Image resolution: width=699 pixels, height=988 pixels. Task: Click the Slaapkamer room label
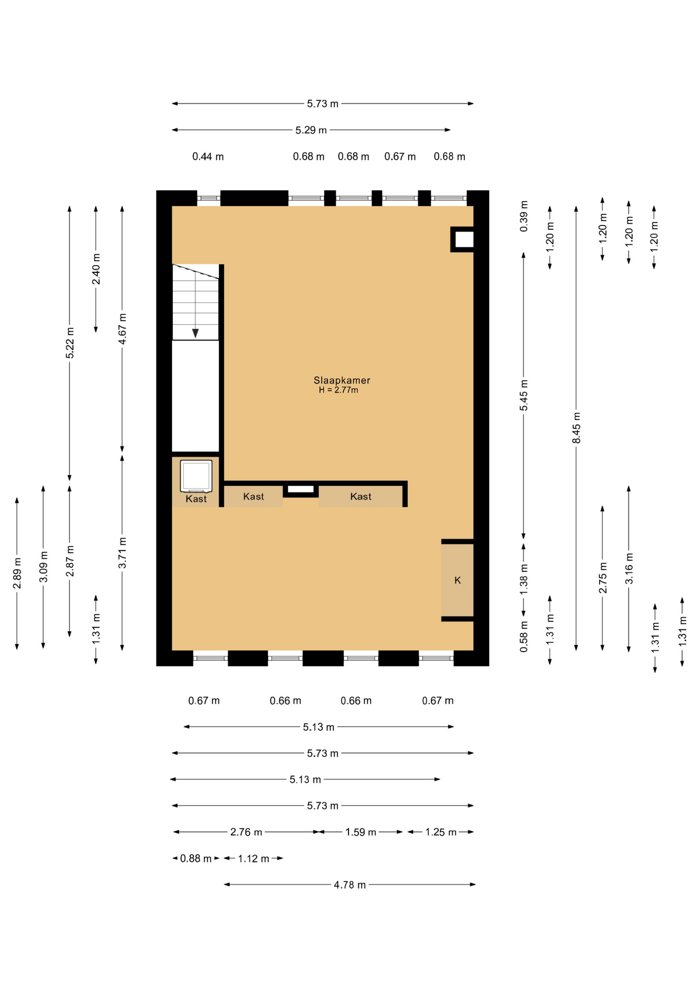(342, 380)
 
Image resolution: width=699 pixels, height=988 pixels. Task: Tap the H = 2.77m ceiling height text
(338, 390)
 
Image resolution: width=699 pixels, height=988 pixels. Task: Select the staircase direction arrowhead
(196, 333)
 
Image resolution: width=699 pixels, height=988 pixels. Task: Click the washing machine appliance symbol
(196, 476)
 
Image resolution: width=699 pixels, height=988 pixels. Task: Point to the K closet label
(458, 580)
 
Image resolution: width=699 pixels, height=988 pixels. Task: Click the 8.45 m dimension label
(576, 428)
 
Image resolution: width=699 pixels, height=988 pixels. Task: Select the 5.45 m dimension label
(524, 395)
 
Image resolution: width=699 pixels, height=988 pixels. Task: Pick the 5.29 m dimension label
(311, 130)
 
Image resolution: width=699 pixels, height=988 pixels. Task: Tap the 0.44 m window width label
(208, 156)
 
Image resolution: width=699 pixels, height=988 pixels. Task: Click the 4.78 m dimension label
(349, 885)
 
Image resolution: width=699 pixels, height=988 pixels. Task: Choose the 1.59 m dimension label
(360, 832)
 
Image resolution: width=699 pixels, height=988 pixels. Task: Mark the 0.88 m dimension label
(196, 859)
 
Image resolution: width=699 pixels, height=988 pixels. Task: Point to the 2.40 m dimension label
(96, 269)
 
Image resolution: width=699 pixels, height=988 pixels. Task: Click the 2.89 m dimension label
(18, 573)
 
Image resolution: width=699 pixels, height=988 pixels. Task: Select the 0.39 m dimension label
(524, 216)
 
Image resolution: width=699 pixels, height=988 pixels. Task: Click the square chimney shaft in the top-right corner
(463, 239)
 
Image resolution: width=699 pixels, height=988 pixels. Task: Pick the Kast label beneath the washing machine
(196, 499)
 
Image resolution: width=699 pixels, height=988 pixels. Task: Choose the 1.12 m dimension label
(253, 859)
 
